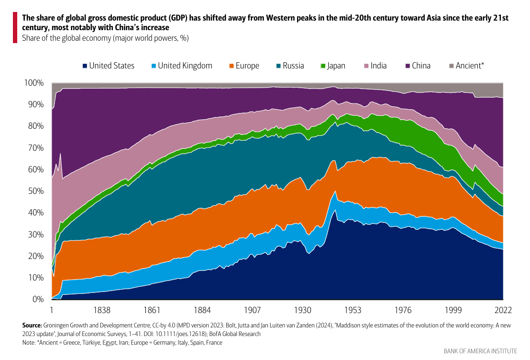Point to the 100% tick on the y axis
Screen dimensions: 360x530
coord(34,83)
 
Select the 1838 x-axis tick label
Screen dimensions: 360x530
coord(102,309)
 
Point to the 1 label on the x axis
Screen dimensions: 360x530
coord(52,309)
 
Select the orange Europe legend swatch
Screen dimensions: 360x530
coord(232,66)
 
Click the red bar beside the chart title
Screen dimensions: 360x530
coord(15,28)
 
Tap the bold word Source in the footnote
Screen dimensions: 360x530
coord(32,325)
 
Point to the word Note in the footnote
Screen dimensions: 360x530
coord(29,343)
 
